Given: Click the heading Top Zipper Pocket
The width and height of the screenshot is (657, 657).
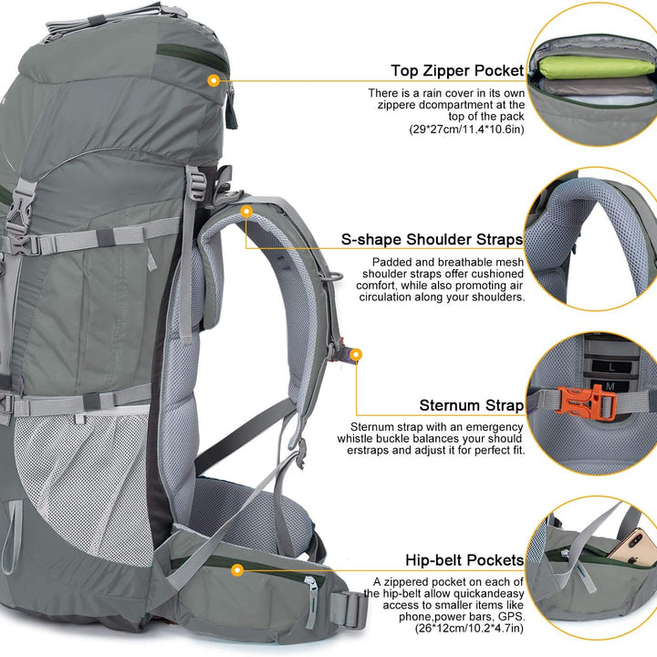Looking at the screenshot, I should click(x=457, y=70).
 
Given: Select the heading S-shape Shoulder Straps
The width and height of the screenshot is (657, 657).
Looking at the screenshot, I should click(x=432, y=239).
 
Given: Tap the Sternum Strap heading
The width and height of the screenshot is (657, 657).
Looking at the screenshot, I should click(x=471, y=405).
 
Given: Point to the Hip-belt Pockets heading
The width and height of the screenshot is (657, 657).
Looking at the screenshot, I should click(x=464, y=559).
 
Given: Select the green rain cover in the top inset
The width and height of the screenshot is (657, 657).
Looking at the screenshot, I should click(x=584, y=68).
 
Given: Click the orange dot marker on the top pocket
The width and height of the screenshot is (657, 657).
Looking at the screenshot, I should click(x=214, y=80).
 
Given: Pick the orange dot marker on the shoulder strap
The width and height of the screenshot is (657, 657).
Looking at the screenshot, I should click(x=246, y=211).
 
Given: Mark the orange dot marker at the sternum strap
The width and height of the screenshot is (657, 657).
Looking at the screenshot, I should click(x=356, y=353).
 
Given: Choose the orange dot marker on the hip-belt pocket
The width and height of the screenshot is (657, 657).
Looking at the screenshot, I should click(x=236, y=570).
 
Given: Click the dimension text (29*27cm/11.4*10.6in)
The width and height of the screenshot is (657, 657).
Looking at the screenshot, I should click(x=466, y=130).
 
